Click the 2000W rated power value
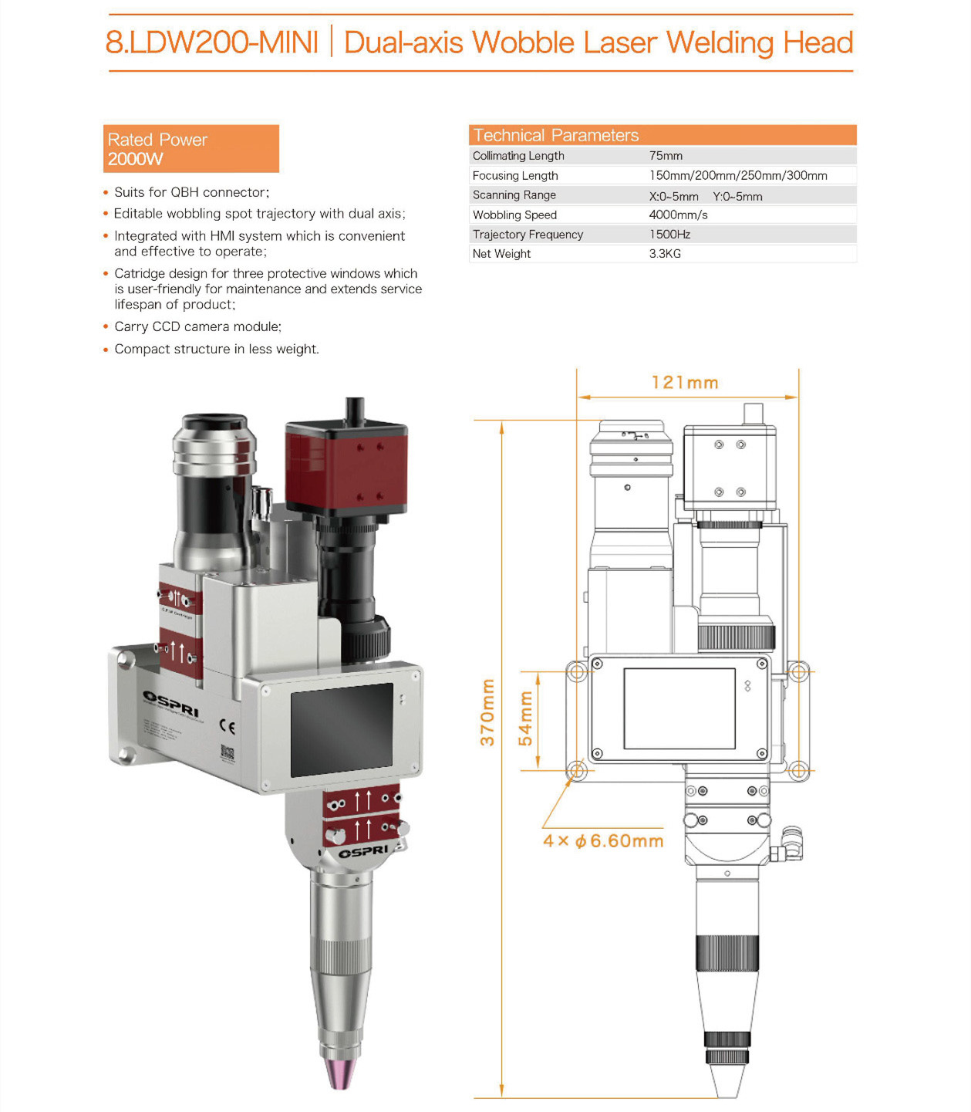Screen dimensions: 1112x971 136,159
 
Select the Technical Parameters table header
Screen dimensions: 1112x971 555,135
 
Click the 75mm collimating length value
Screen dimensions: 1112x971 666,156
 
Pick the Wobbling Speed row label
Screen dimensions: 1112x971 514,215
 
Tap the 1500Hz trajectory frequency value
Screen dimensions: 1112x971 669,235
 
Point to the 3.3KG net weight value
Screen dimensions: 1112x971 665,254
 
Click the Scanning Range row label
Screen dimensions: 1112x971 514,195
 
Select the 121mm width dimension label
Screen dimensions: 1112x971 684,383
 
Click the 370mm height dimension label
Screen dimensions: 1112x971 487,712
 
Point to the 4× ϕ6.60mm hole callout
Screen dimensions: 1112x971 603,841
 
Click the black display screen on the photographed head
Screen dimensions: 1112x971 342,730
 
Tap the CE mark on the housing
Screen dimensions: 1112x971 228,726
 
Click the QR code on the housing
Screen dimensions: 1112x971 227,752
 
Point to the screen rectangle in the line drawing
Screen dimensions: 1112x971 679,708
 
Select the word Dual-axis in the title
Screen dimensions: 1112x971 403,42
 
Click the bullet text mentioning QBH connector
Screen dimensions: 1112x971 191,192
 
